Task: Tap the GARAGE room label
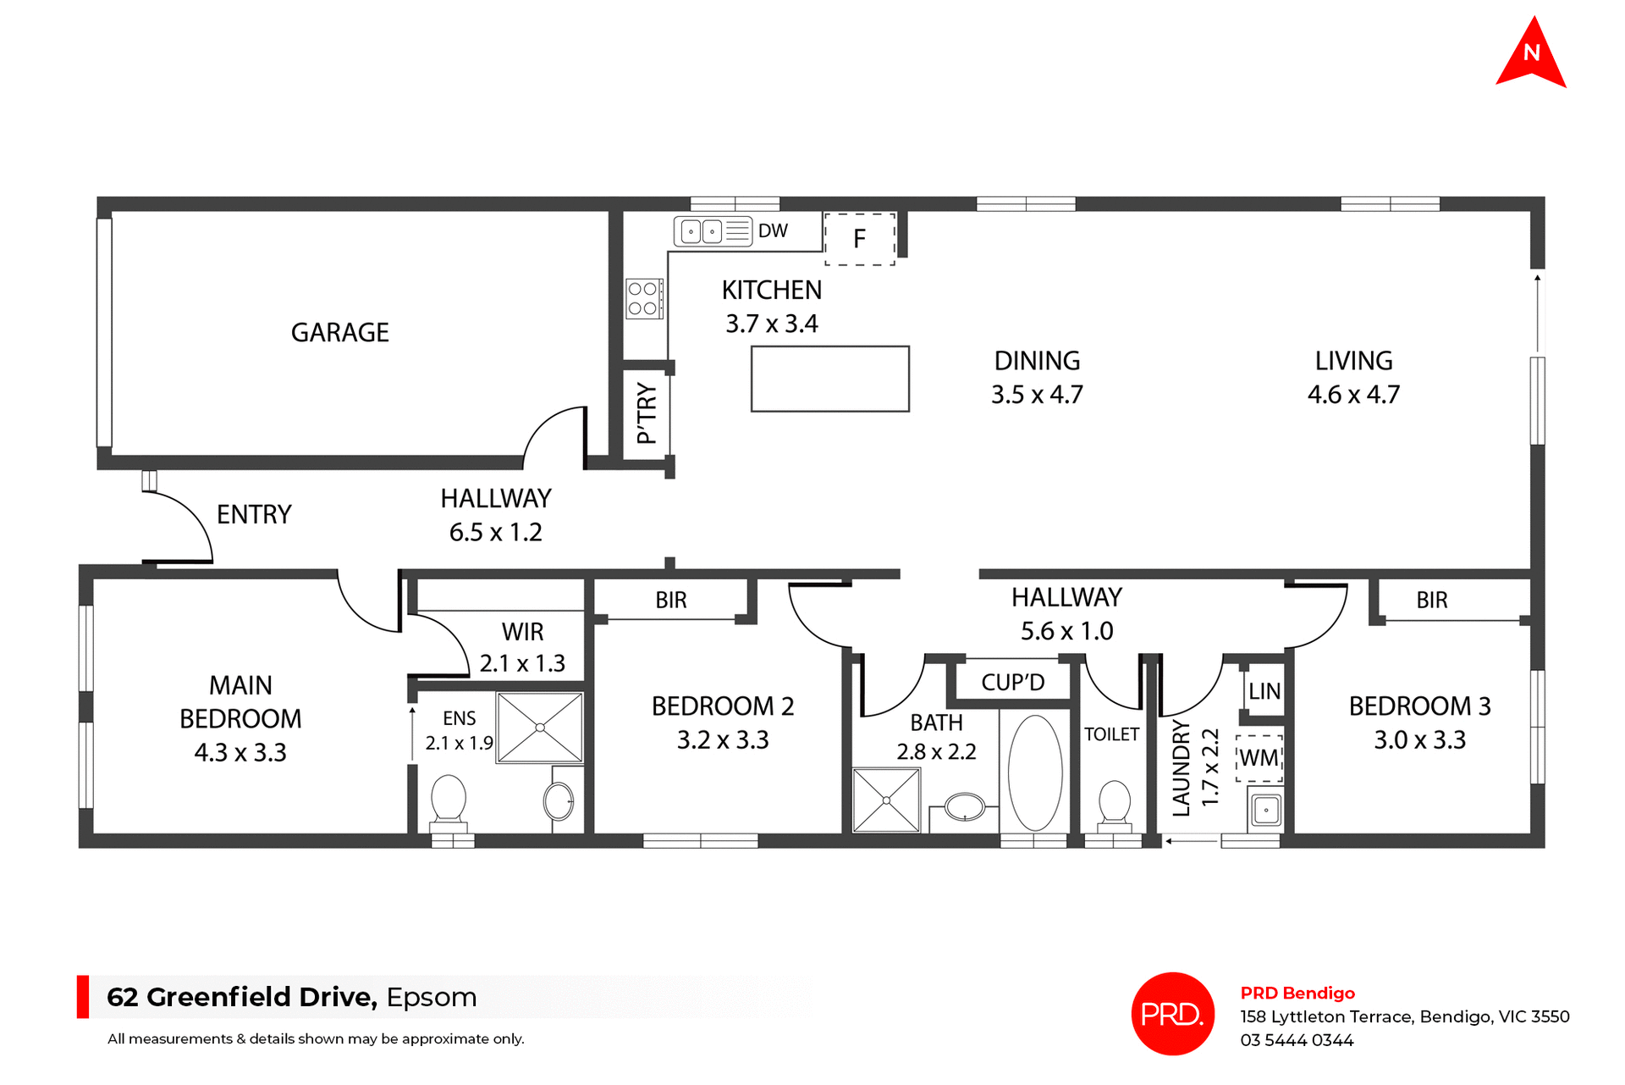tap(339, 333)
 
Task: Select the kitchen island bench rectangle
tap(829, 379)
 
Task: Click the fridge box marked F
tap(860, 240)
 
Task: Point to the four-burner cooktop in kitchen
tap(643, 298)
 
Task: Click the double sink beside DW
tap(702, 231)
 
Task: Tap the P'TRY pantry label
tap(647, 413)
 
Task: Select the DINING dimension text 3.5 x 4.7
tap(1037, 395)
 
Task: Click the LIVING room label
tap(1353, 361)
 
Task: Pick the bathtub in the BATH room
tap(1034, 772)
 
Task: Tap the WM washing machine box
tap(1259, 758)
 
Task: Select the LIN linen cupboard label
tap(1264, 691)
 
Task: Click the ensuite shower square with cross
tap(540, 728)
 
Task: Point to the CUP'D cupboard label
tap(1012, 682)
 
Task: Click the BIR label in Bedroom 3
tap(1432, 601)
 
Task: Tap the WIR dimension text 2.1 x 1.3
tap(522, 663)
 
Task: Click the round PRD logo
tap(1172, 1014)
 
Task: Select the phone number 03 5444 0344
tap(1297, 1040)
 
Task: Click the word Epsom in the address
tap(432, 997)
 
